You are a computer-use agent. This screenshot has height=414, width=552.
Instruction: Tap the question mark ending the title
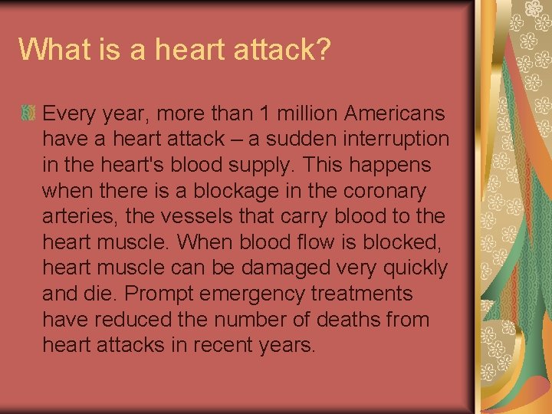(323, 50)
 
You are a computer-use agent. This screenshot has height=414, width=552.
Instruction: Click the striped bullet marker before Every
(28, 114)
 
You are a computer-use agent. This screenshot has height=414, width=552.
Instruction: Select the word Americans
(394, 114)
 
